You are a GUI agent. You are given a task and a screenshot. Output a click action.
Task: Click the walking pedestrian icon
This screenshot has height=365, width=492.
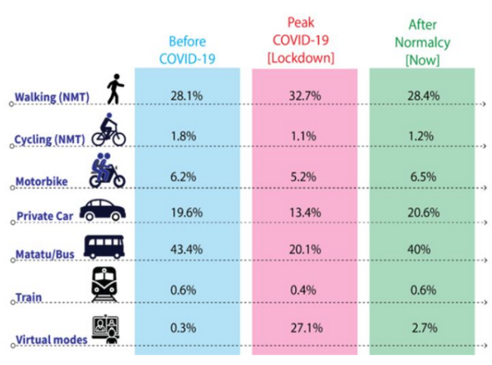[114, 90]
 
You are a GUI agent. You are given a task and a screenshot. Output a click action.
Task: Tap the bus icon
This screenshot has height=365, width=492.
[104, 247]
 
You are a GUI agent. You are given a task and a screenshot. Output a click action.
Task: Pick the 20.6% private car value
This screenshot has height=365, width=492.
[422, 213]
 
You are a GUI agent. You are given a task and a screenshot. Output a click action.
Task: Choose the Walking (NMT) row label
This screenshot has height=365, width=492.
[51, 97]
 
